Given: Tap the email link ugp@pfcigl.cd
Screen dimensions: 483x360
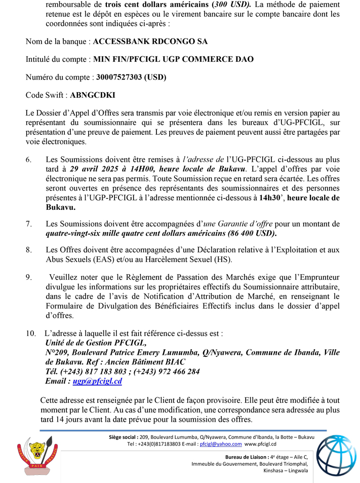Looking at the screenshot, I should pos(97,381).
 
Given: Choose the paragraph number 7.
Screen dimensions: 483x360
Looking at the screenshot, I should pos(28,224).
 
